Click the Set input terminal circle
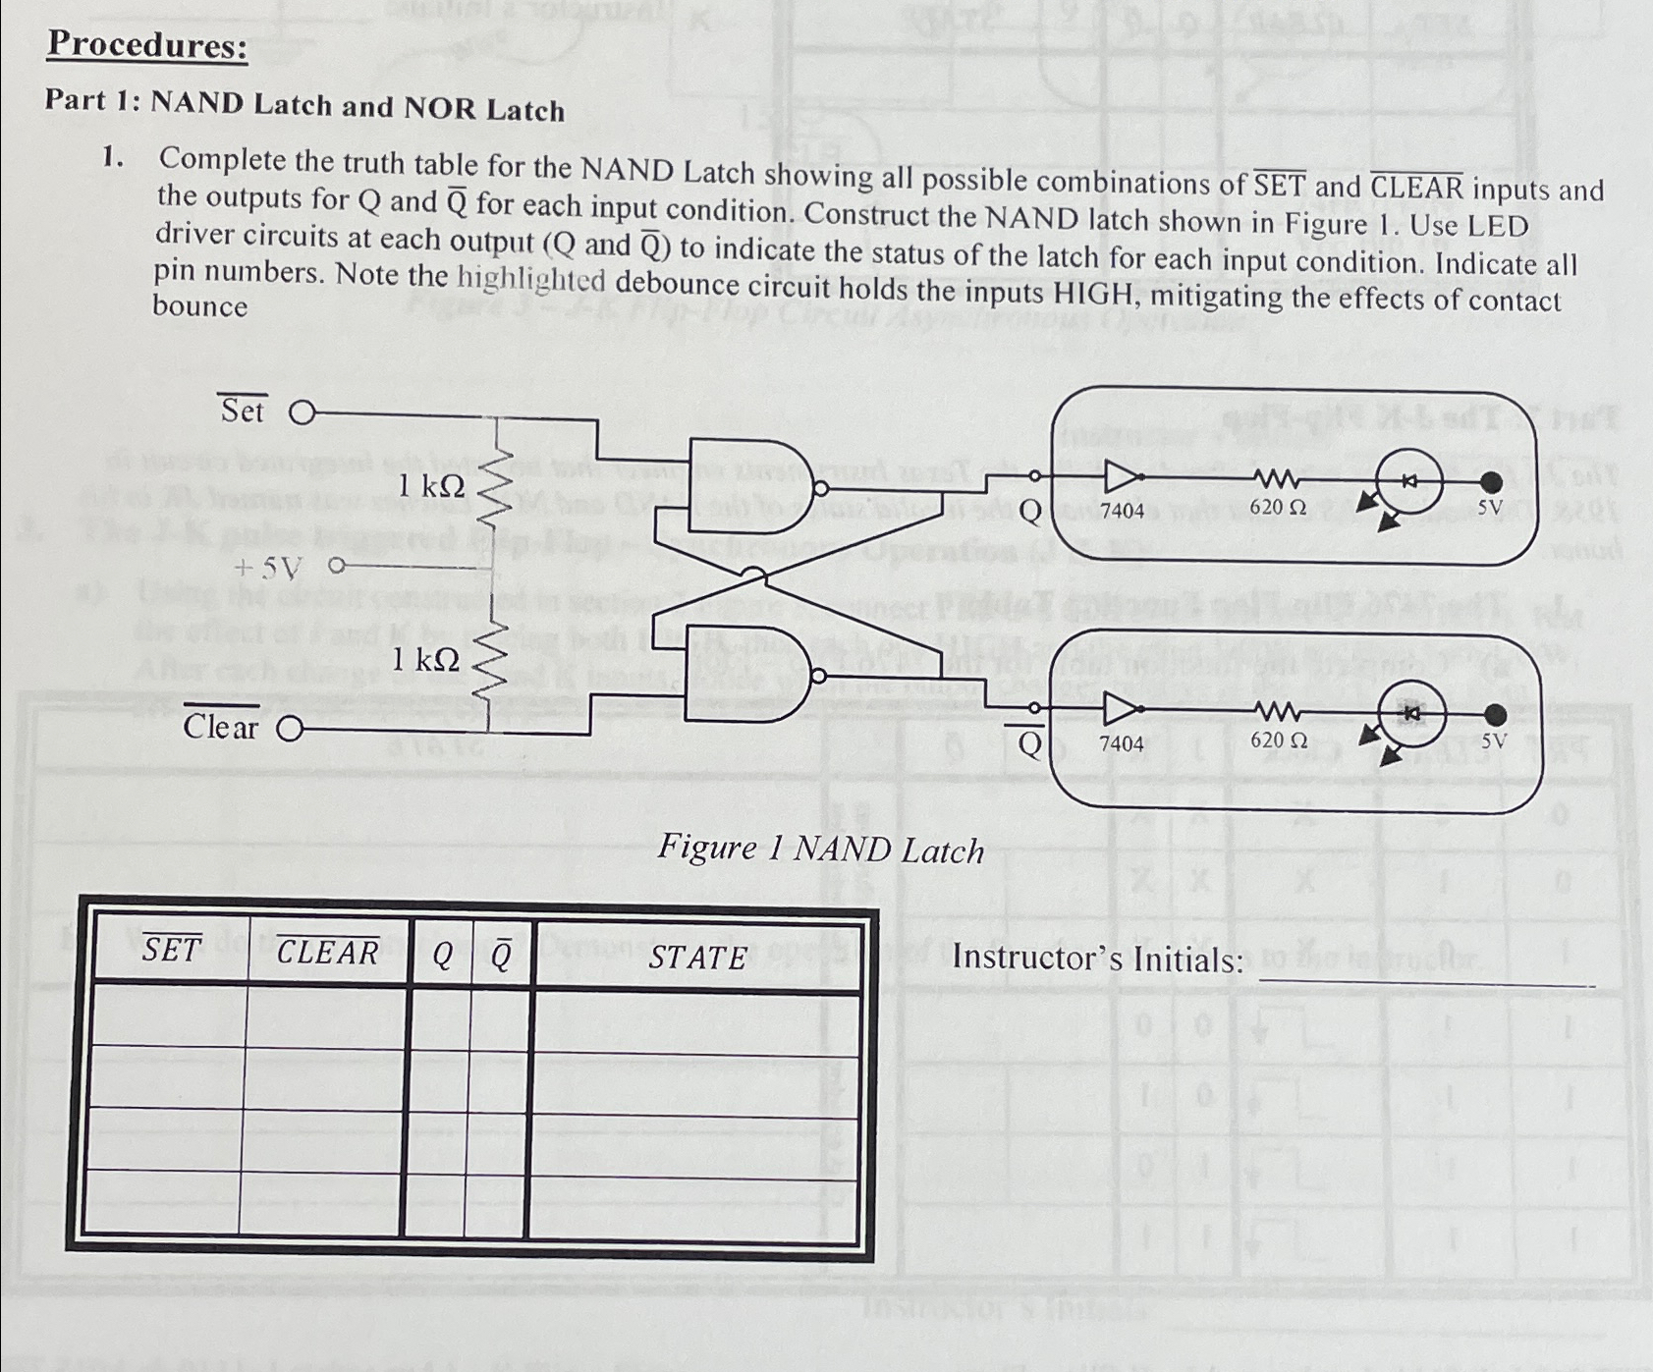tap(303, 413)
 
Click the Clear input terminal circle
tap(290, 729)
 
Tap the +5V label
tap(268, 568)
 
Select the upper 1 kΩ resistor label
tap(430, 484)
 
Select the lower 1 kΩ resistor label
tap(424, 660)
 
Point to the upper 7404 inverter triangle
tap(1121, 477)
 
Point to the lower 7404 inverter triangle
tap(1121, 708)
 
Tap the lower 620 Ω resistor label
tap(1278, 740)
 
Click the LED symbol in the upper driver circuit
tap(1408, 481)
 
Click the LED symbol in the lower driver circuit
tap(1411, 714)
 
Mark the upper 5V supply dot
tap(1491, 481)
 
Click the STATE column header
tap(697, 958)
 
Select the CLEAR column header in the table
tap(327, 952)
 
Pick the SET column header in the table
tap(172, 950)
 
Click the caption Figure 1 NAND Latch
tap(820, 849)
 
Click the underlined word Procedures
tap(147, 45)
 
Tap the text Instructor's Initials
tap(1098, 958)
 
